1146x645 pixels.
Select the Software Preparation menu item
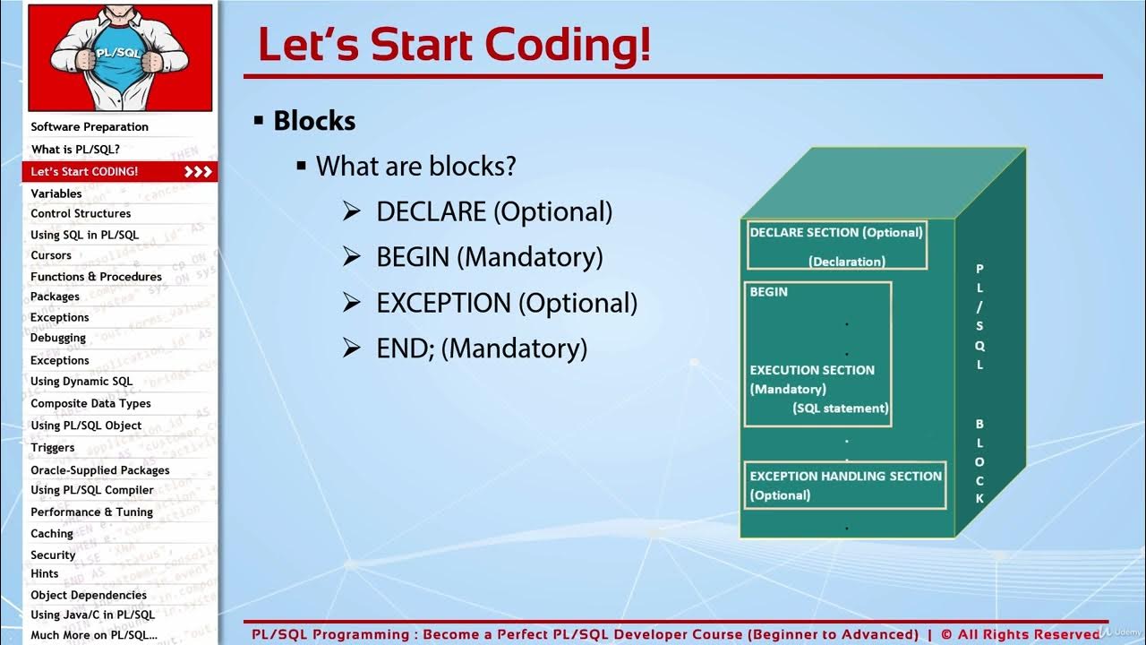click(x=90, y=127)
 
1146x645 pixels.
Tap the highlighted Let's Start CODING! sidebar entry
click(x=84, y=171)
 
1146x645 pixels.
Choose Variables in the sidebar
click(x=56, y=193)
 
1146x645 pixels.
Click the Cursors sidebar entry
click(x=51, y=255)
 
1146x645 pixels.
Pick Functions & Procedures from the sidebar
click(x=96, y=277)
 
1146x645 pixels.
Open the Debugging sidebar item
click(x=58, y=339)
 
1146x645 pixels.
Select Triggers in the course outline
click(x=53, y=448)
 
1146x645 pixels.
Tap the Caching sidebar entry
click(x=52, y=534)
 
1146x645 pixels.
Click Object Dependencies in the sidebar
click(x=89, y=595)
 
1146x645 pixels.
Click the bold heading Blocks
click(x=314, y=121)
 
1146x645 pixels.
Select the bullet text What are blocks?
click(x=415, y=167)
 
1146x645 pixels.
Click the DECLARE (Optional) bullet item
click(x=494, y=212)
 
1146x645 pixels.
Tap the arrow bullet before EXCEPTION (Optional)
click(x=352, y=304)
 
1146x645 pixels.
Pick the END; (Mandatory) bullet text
click(x=482, y=348)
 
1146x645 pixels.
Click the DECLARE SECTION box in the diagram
click(x=836, y=245)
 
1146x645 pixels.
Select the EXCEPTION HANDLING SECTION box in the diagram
click(x=845, y=485)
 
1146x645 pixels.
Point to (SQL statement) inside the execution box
click(x=840, y=408)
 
